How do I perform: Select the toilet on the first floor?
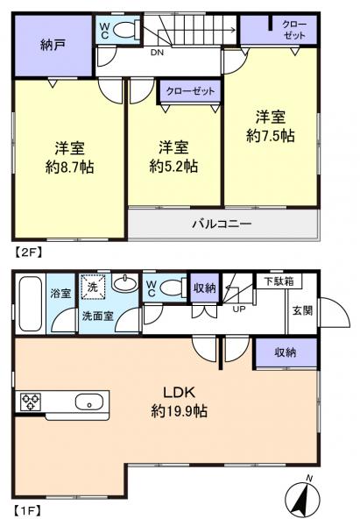point(172,287)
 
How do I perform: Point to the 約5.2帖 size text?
point(173,165)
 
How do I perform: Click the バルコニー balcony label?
point(222,224)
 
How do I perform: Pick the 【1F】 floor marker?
point(27,508)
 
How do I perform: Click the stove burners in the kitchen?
point(31,402)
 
